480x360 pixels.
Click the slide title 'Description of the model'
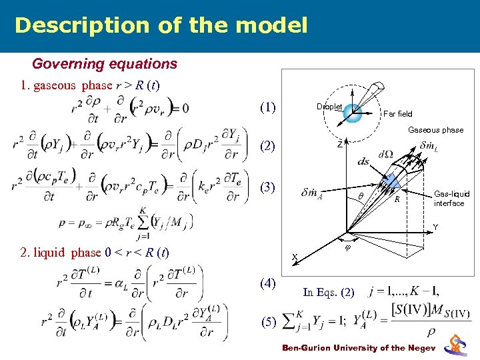(x=161, y=25)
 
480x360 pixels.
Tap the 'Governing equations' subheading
(x=105, y=64)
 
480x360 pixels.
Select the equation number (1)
(x=269, y=107)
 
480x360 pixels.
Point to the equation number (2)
(x=269, y=145)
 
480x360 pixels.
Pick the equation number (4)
(x=269, y=284)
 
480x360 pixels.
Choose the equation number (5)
(x=269, y=323)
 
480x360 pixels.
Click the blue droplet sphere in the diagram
(x=353, y=112)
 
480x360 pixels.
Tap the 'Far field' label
(x=398, y=114)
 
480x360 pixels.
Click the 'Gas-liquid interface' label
(x=451, y=199)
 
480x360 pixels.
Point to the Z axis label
(x=340, y=144)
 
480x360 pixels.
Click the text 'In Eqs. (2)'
(x=327, y=292)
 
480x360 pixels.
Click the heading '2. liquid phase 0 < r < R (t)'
(x=94, y=253)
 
